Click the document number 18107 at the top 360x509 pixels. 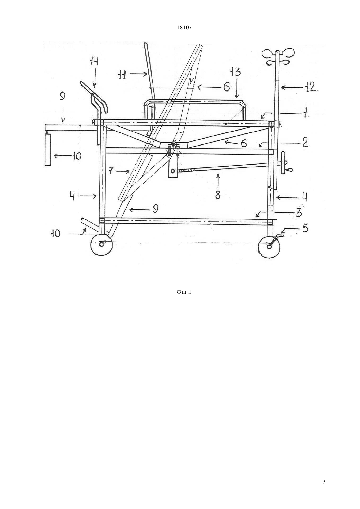184,28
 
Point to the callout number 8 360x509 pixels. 218,195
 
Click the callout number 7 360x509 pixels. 110,171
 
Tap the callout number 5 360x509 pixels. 305,228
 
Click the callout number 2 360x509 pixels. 305,142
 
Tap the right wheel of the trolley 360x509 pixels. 269,247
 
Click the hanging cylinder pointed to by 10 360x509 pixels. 48,149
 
